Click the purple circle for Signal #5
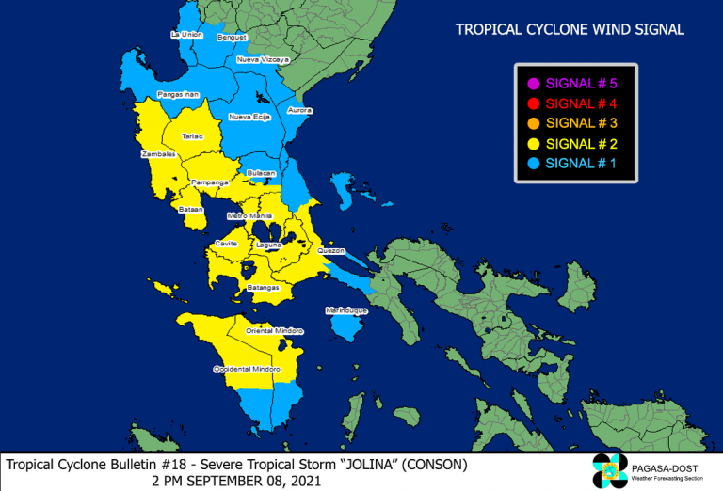click(x=533, y=84)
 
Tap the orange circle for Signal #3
click(x=533, y=123)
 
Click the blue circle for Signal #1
click(x=533, y=163)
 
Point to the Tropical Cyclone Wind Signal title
click(x=570, y=30)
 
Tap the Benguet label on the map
click(x=232, y=38)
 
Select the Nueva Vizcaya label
click(x=263, y=59)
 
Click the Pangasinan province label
click(x=178, y=94)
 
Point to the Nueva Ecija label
click(x=249, y=117)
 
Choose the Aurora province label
click(x=299, y=110)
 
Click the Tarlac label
click(x=192, y=136)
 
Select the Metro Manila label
click(x=249, y=215)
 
